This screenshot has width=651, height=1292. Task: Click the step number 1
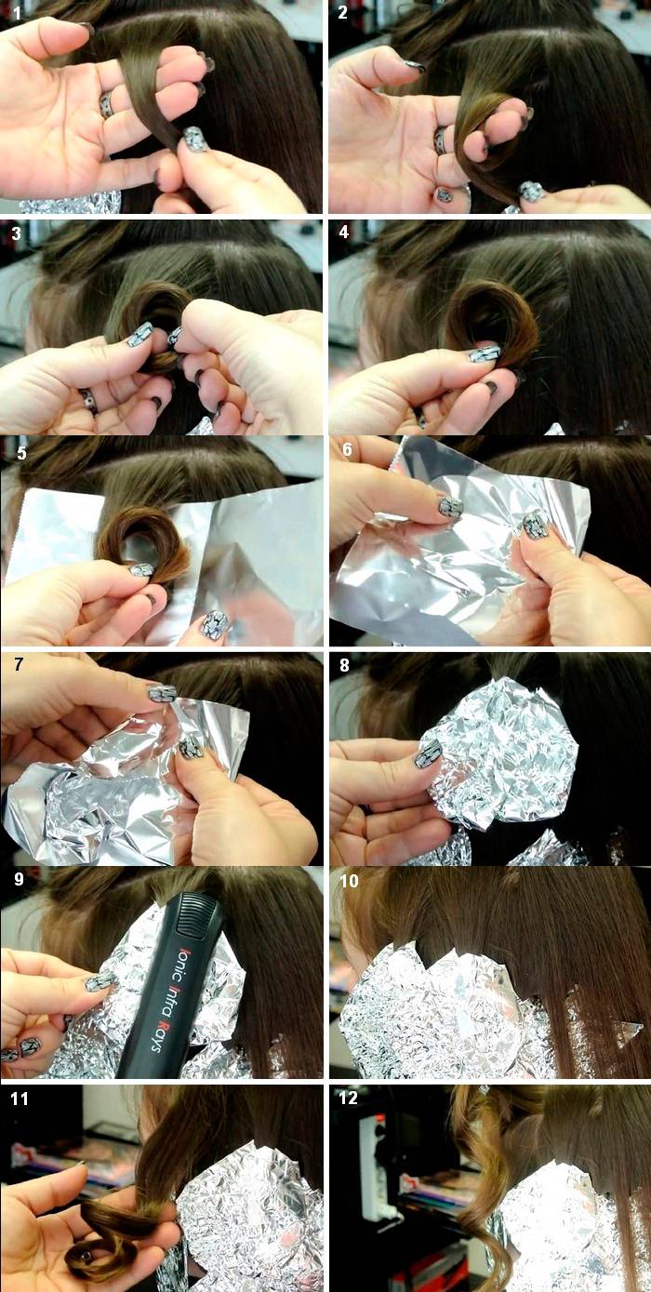18,13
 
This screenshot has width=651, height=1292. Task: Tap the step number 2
343,12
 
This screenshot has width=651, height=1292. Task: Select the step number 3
17,233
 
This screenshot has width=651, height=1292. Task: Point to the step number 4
344,232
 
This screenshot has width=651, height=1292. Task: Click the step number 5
22,453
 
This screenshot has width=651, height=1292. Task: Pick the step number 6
347,449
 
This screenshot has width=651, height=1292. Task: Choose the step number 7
19,664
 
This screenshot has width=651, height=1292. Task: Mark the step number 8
344,665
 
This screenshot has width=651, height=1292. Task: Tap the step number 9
19,879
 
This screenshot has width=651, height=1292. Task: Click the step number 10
350,881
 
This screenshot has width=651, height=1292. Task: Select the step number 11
19,1099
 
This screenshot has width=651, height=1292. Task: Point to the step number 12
348,1098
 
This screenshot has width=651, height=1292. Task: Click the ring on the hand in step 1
106,105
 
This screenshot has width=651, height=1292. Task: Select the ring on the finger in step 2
440,141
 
